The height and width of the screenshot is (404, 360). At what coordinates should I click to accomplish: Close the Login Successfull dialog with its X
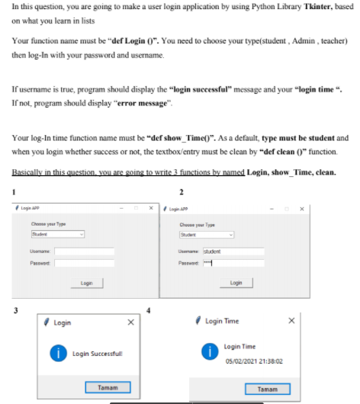click(x=130, y=322)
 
